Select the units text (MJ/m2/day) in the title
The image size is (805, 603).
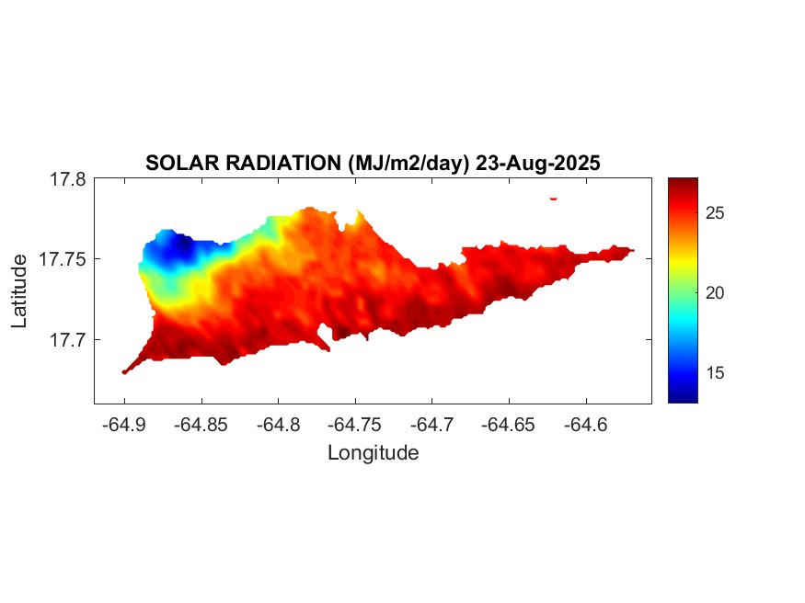click(408, 164)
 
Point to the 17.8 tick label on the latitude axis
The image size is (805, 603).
click(68, 180)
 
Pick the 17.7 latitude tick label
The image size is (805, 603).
click(68, 340)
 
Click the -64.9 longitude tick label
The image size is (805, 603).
click(124, 425)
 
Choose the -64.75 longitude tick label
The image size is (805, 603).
click(354, 425)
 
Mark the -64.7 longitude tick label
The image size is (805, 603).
click(431, 425)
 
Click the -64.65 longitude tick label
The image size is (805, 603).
click(508, 425)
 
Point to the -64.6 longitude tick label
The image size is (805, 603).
click(585, 425)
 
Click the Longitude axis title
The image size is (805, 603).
click(373, 453)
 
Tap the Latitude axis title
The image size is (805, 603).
click(19, 291)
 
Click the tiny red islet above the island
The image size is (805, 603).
click(554, 198)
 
